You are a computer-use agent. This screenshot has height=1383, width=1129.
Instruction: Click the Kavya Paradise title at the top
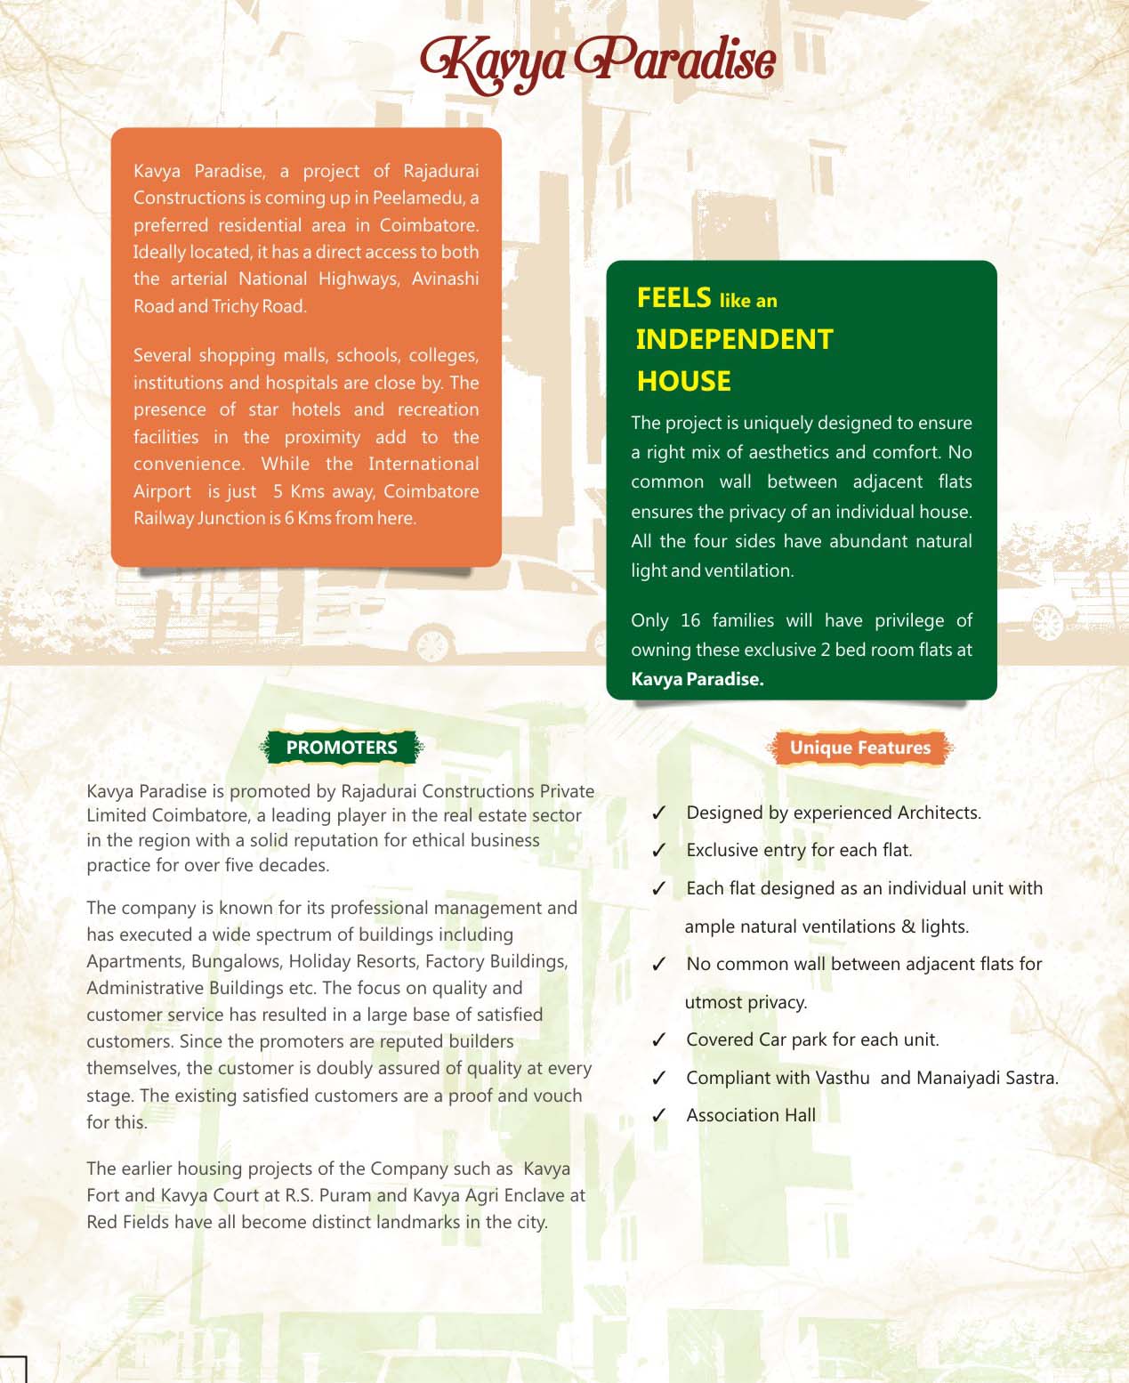[x=598, y=61]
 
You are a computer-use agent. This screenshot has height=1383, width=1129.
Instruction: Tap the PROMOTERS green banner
[x=342, y=748]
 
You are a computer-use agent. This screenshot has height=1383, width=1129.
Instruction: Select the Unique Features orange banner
[x=859, y=748]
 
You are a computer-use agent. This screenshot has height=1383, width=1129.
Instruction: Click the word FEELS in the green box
[x=673, y=298]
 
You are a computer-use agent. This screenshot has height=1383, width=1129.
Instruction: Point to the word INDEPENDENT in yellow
[x=734, y=339]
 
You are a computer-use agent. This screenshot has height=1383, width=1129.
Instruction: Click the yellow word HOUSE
[x=683, y=381]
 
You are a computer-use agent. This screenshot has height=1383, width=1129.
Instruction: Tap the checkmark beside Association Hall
[x=659, y=1116]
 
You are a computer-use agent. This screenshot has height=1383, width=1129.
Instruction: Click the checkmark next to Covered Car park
[x=659, y=1040]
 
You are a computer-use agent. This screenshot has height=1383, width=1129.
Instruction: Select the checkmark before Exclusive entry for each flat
[x=659, y=851]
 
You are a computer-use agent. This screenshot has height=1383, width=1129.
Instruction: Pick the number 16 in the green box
[x=690, y=620]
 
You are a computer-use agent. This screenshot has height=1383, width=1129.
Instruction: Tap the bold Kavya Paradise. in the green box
[x=698, y=679]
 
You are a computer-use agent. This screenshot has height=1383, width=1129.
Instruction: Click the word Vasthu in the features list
[x=843, y=1078]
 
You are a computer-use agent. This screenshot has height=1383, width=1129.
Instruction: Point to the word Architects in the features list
[x=939, y=813]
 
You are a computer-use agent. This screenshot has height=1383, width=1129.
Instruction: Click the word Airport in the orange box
[x=162, y=491]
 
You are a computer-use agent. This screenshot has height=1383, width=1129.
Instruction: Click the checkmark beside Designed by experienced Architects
[x=659, y=813]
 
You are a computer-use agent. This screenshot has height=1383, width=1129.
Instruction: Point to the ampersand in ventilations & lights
[x=907, y=926]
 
